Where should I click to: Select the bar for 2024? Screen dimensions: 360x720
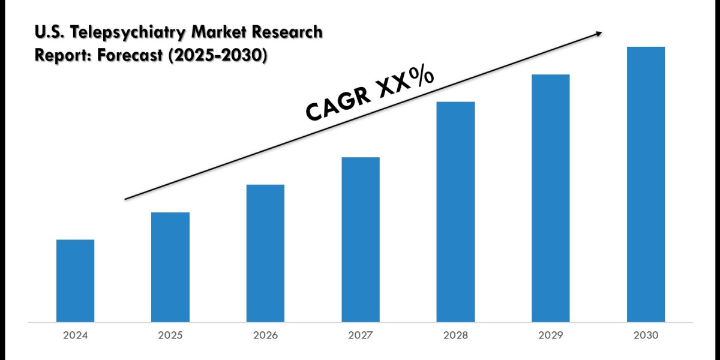click(75, 280)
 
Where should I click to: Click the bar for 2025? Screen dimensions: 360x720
click(170, 266)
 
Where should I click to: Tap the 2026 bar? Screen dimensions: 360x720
click(265, 253)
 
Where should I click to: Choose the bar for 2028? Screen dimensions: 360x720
click(455, 211)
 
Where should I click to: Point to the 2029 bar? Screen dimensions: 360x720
click(551, 197)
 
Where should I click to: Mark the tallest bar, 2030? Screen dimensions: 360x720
click(646, 184)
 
